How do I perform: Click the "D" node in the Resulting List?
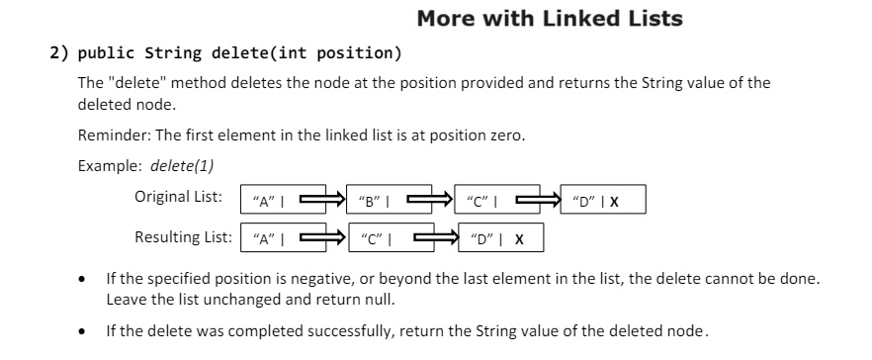(x=498, y=238)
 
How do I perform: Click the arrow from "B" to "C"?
(x=431, y=200)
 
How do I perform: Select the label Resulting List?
(x=183, y=237)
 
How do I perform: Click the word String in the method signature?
(x=168, y=52)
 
